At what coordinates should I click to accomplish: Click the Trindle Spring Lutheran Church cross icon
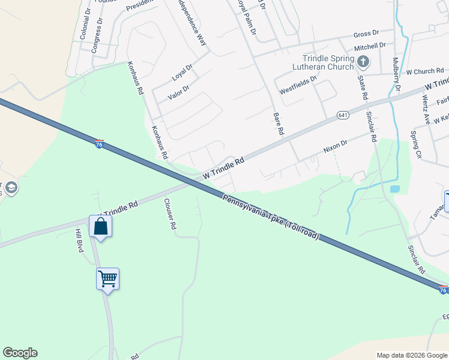363,61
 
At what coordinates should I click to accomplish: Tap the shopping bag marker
100,227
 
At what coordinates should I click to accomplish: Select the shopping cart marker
108,278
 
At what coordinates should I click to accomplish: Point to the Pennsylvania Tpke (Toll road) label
271,217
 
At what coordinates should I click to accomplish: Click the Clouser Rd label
170,215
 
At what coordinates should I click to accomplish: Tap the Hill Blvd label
79,240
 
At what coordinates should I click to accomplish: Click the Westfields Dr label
298,89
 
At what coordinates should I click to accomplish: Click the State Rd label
363,87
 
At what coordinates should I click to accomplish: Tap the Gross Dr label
366,34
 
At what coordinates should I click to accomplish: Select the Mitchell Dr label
369,46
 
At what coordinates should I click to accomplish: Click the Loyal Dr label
181,73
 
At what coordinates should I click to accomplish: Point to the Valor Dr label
178,90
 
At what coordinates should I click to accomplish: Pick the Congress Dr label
97,35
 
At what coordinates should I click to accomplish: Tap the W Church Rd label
424,71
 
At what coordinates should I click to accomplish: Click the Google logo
20,353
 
